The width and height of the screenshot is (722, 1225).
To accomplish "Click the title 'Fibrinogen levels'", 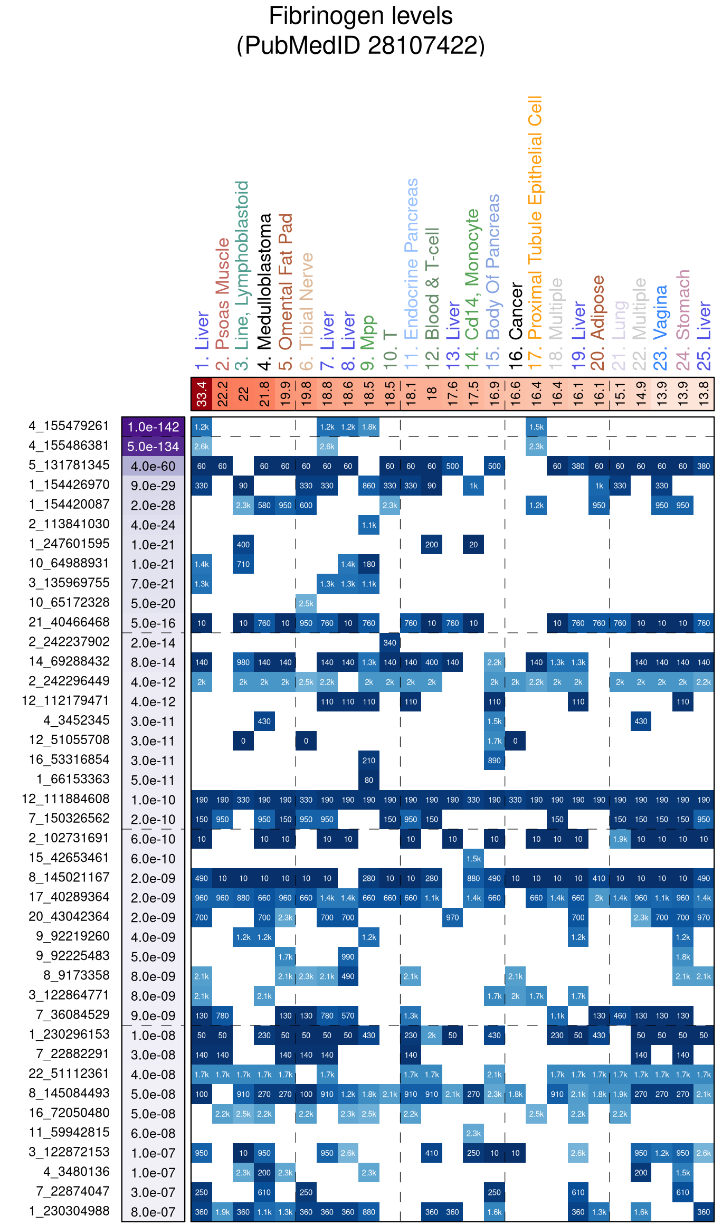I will (x=360, y=16).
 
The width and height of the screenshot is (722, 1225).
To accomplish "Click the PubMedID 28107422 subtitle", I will (x=360, y=45).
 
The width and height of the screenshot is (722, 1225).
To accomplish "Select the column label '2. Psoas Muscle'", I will (x=223, y=303).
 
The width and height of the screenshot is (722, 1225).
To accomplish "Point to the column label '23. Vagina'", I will (x=661, y=327).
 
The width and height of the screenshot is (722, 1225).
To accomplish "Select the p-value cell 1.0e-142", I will (x=153, y=427).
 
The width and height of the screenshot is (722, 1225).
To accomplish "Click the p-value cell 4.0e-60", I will (x=153, y=467).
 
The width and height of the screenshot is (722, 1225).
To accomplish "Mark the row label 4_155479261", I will (x=69, y=426).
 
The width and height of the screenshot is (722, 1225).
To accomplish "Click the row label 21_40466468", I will (x=69, y=622).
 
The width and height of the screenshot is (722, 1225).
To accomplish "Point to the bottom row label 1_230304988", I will (x=69, y=1211).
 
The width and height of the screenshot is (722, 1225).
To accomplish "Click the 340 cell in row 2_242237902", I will (x=389, y=643).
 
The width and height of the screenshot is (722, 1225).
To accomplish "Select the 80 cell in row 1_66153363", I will (x=369, y=780).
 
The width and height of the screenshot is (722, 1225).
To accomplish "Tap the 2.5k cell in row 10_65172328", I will (x=306, y=603).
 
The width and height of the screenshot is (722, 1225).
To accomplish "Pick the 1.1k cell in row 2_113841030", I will (x=369, y=525).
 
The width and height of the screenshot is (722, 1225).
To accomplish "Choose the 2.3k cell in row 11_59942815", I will (x=473, y=1133).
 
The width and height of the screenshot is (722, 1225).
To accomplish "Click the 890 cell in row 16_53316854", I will (x=495, y=761).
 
